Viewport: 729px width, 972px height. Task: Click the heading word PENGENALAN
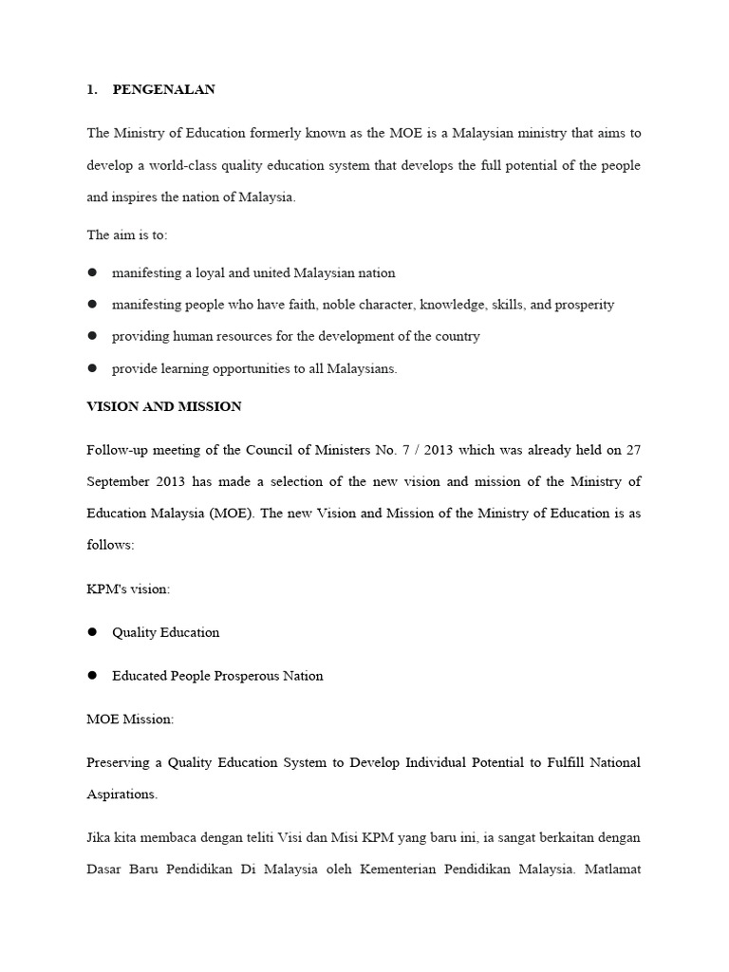tap(163, 90)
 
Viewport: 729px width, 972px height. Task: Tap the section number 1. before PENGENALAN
tap(92, 90)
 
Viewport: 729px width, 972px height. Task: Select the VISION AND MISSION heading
tap(164, 406)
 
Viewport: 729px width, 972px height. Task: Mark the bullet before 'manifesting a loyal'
tap(93, 272)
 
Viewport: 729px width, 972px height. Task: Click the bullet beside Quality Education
tap(93, 632)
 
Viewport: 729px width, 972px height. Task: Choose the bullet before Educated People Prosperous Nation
tap(93, 676)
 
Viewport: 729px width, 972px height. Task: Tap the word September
tap(121, 481)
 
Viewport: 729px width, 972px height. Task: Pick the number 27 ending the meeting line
tap(633, 449)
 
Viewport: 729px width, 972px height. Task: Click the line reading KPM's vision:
tap(128, 589)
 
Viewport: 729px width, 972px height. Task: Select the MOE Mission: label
tap(130, 720)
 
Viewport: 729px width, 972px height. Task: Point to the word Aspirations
tap(122, 794)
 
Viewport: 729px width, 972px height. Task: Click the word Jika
tap(99, 838)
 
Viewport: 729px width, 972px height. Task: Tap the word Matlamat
tap(611, 870)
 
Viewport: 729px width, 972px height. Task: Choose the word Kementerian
tap(394, 870)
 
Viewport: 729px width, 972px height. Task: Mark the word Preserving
tap(119, 762)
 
